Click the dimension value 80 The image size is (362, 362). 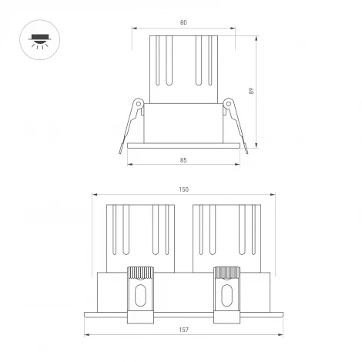[x=183, y=22]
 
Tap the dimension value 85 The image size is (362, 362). [x=183, y=160]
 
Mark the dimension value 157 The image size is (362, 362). [x=184, y=330]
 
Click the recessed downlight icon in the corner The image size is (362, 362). [x=37, y=38]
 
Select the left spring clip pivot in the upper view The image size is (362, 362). [x=138, y=103]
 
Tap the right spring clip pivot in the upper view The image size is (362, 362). [x=228, y=103]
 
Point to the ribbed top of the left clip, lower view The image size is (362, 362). [x=139, y=273]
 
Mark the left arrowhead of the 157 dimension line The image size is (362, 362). [x=85, y=336]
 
